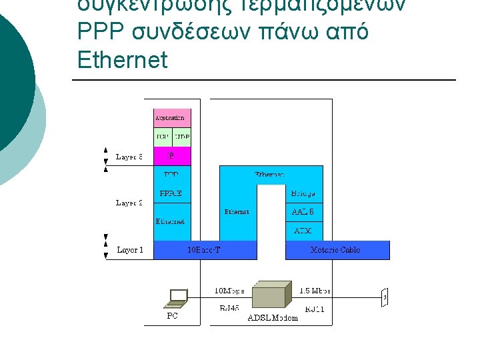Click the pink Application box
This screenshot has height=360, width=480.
click(171, 118)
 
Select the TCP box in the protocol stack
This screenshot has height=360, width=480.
click(163, 137)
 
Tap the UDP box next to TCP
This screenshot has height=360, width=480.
click(181, 137)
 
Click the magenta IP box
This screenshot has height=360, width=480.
click(171, 156)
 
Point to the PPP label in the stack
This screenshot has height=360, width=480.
click(171, 175)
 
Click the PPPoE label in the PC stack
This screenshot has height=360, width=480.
click(171, 193)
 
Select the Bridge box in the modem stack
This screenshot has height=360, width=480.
click(303, 193)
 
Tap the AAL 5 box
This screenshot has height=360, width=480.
click(303, 212)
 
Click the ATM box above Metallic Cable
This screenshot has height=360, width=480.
click(303, 231)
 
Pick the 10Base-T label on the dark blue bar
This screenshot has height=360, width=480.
click(205, 250)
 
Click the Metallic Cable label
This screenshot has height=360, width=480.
click(335, 250)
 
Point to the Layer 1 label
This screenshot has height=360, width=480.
click(129, 250)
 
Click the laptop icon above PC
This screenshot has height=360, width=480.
click(178, 297)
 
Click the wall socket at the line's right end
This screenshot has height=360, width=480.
click(385, 298)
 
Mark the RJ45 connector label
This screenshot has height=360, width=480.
click(231, 309)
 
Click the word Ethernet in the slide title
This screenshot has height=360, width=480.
click(122, 60)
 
